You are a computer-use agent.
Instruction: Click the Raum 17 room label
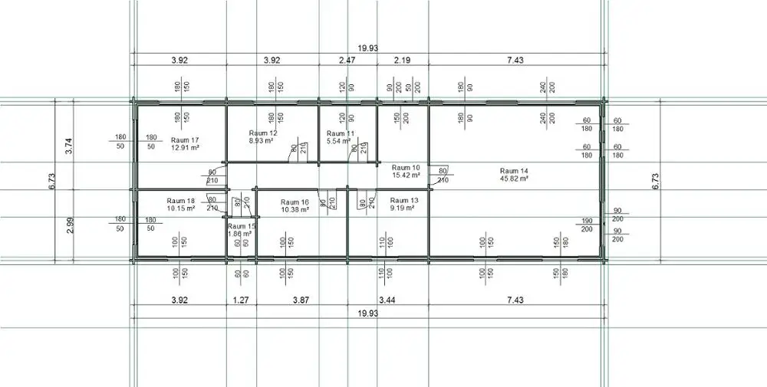(x=185, y=139)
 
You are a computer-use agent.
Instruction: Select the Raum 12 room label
(x=263, y=133)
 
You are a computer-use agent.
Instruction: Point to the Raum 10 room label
(x=406, y=167)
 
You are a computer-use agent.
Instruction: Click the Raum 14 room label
(x=514, y=170)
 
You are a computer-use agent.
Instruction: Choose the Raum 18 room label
(x=180, y=200)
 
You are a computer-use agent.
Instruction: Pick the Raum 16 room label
(x=295, y=202)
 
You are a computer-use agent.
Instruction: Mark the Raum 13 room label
(x=403, y=201)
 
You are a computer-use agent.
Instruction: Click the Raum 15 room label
(x=241, y=227)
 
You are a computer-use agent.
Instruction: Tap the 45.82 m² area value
(x=514, y=179)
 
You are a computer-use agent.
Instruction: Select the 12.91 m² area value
(x=185, y=148)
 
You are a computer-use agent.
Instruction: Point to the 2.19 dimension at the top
(x=403, y=60)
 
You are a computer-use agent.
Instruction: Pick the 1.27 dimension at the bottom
(x=241, y=300)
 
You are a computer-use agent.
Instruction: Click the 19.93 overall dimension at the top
(x=368, y=48)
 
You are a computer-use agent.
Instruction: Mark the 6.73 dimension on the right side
(x=655, y=182)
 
